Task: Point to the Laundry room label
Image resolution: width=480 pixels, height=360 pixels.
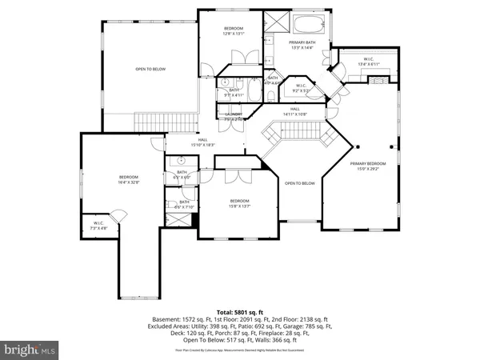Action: click(234, 117)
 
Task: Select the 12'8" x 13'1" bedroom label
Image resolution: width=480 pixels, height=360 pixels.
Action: click(233, 31)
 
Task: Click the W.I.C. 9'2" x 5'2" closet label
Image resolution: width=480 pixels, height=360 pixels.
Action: click(301, 88)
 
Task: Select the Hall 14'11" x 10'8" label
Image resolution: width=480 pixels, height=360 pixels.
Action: click(294, 111)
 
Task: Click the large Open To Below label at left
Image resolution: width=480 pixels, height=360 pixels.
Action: click(150, 70)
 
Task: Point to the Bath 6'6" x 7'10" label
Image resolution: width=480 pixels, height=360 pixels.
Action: click(184, 205)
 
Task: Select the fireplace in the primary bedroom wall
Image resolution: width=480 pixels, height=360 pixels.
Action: click(380, 80)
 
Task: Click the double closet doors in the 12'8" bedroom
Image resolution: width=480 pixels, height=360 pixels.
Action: click(241, 57)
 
